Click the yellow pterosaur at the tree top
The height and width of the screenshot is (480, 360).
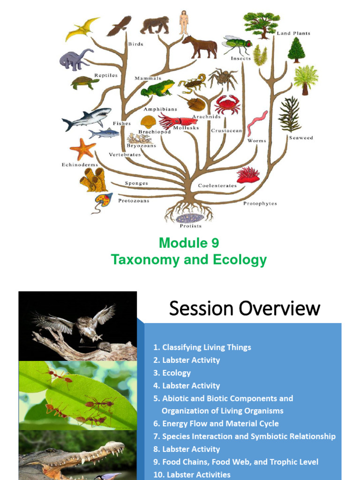[x=82, y=29]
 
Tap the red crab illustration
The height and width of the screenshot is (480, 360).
[x=227, y=104]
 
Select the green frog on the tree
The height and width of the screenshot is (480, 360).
[x=157, y=88]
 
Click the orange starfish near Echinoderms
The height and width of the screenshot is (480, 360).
[x=82, y=150]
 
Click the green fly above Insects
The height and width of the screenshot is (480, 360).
[x=237, y=45]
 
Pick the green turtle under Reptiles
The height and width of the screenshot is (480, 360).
[x=84, y=82]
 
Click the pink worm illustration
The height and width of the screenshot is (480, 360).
[x=257, y=123]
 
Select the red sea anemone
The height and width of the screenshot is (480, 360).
[x=248, y=175]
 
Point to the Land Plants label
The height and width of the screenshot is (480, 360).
[x=293, y=33]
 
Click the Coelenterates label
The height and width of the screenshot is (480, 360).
[x=217, y=186]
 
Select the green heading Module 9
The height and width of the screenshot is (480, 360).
[x=188, y=243]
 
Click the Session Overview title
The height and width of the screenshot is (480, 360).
[x=244, y=308]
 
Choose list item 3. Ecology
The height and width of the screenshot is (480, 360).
[x=172, y=373]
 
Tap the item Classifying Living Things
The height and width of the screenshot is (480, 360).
[x=202, y=347]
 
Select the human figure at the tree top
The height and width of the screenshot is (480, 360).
[x=184, y=22]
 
